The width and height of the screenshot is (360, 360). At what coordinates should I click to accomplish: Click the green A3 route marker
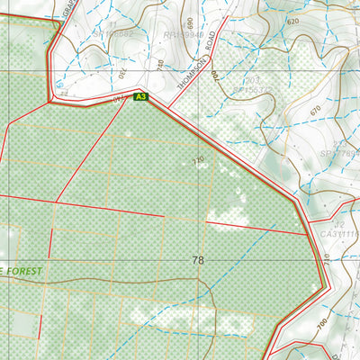(139, 96)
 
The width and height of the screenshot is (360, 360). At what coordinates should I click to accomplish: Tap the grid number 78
(197, 260)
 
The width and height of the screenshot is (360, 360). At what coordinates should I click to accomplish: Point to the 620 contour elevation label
(292, 21)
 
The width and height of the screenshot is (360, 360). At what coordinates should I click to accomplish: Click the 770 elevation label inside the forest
(198, 160)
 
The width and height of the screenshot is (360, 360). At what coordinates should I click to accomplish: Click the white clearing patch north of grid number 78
(229, 216)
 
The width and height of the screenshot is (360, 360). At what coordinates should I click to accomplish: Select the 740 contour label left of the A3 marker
(119, 97)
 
